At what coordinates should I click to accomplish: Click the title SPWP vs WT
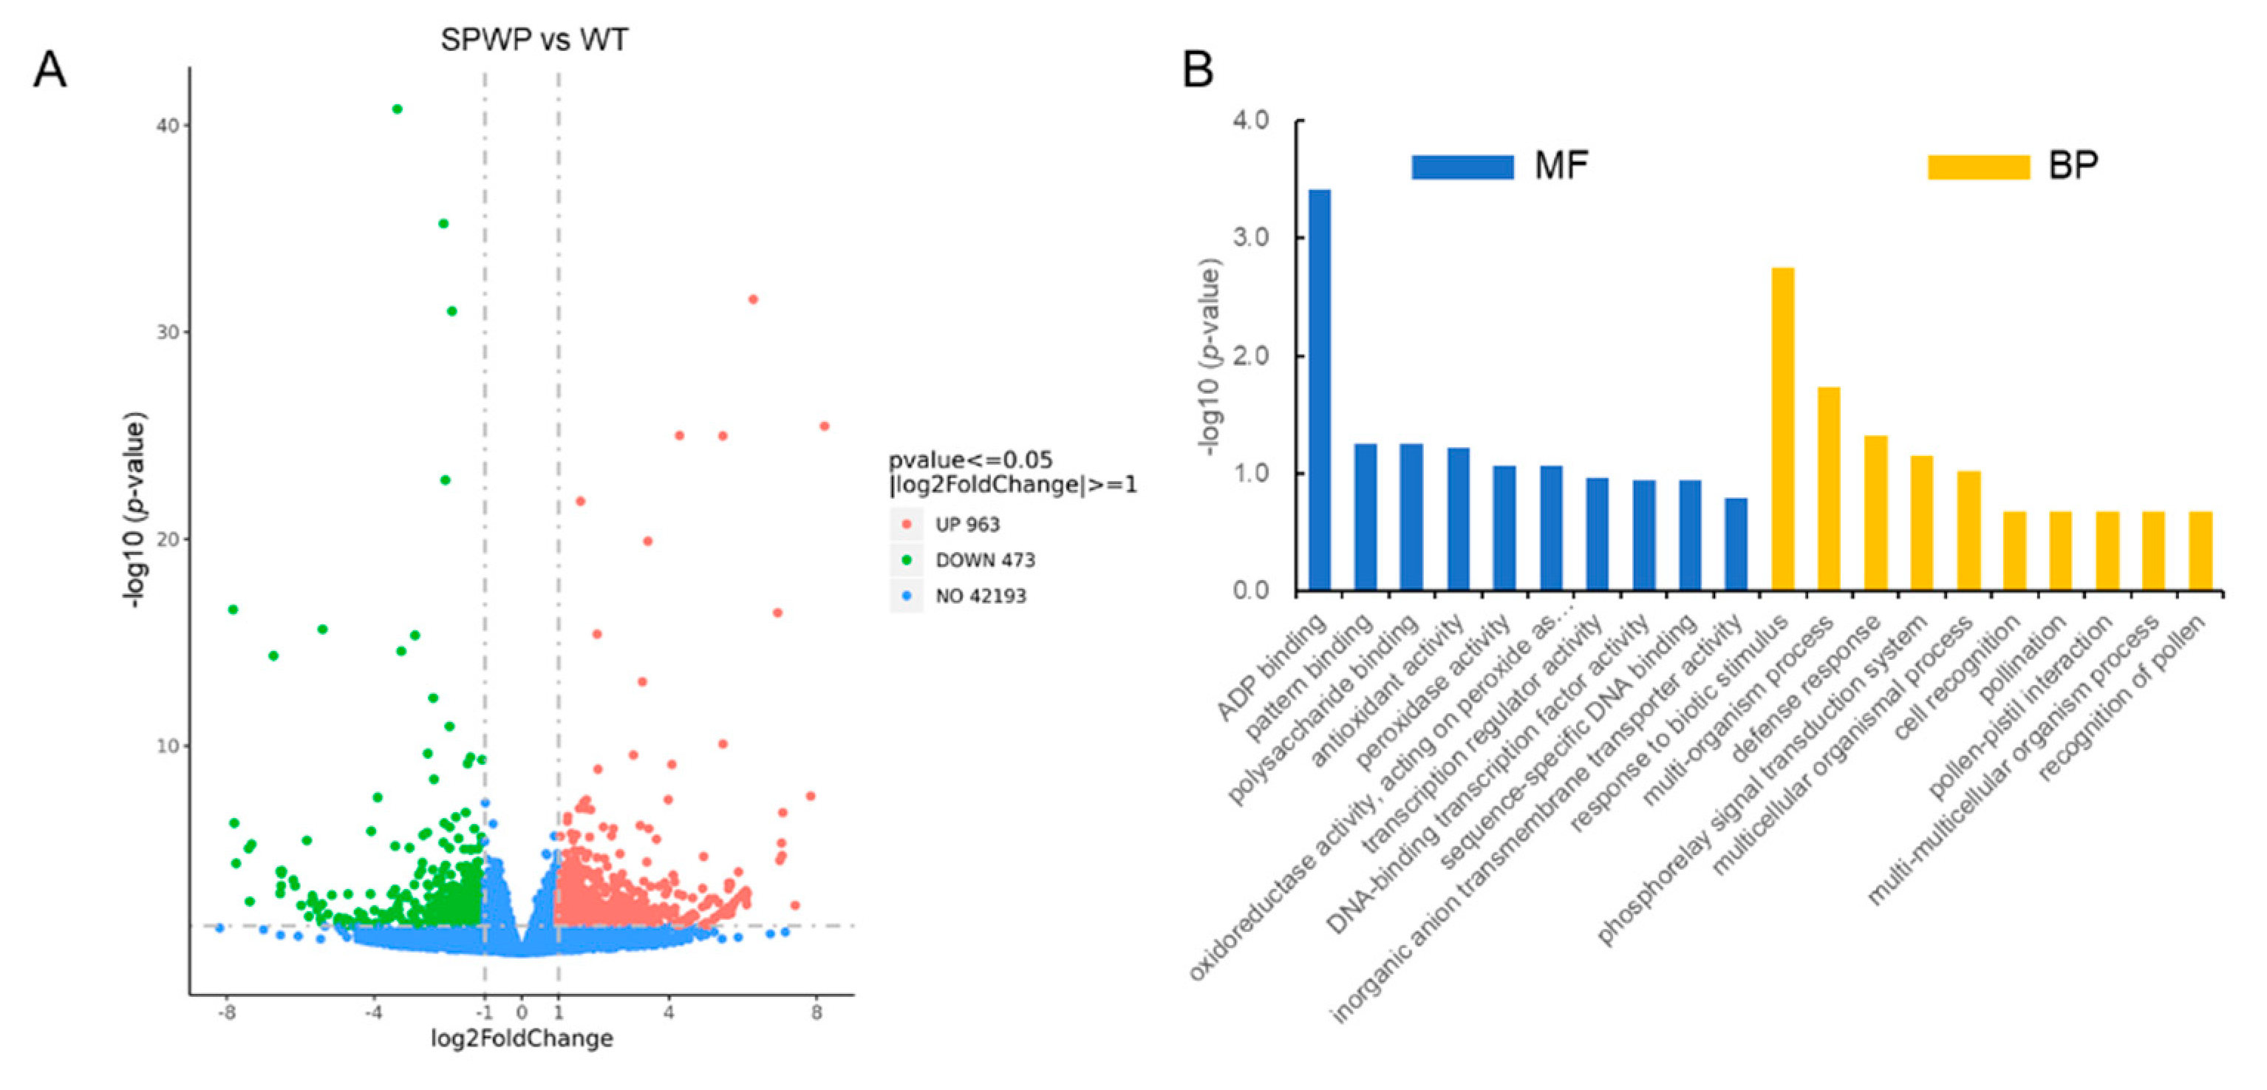(534, 41)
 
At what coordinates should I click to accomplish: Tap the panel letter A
(50, 69)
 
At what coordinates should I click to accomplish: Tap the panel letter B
(1198, 69)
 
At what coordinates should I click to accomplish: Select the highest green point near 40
(397, 109)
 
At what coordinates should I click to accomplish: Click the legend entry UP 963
(967, 525)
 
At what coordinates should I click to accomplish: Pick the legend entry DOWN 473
(984, 560)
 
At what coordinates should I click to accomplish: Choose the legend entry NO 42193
(980, 596)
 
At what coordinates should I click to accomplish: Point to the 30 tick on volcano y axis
(167, 332)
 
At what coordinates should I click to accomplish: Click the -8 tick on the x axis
(227, 1012)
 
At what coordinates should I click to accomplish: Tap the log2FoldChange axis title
(522, 1039)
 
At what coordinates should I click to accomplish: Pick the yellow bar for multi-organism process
(1829, 488)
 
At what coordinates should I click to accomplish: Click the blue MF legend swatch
(1462, 166)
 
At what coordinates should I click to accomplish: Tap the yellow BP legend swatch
(1977, 166)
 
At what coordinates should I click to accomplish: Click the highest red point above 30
(752, 299)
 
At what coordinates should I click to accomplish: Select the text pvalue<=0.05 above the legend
(969, 460)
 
